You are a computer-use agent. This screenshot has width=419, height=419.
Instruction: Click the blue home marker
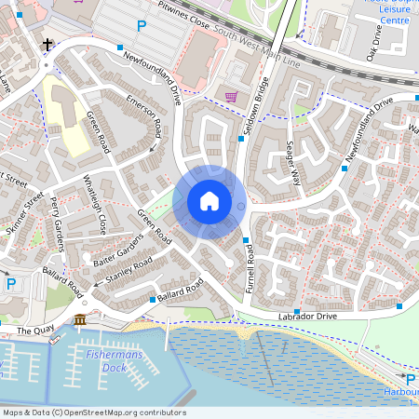point(209,200)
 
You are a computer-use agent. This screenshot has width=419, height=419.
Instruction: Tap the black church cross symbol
point(47,44)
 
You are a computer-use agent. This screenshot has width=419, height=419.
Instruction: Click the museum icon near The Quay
point(79,320)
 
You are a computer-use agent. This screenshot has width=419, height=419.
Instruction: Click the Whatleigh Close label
point(95,203)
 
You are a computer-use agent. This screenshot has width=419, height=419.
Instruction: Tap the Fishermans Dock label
point(105,361)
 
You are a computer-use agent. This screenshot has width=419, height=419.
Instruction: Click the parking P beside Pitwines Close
point(142,26)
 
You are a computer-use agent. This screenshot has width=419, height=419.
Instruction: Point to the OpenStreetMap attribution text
point(94,412)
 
